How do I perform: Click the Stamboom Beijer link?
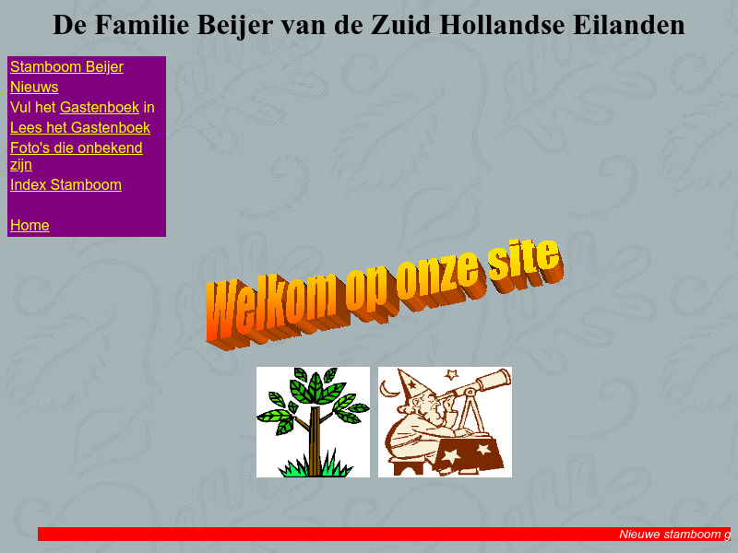coord(66,67)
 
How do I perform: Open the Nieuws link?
coord(34,88)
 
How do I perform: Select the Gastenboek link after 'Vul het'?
coord(99,108)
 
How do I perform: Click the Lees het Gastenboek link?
coord(79,128)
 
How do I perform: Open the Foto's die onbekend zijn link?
coord(76,148)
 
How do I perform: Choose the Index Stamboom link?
coord(65,185)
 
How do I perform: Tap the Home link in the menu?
coord(30,226)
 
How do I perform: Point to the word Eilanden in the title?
coord(626,25)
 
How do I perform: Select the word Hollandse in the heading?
coord(499,25)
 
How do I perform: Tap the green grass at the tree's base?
coord(314,468)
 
